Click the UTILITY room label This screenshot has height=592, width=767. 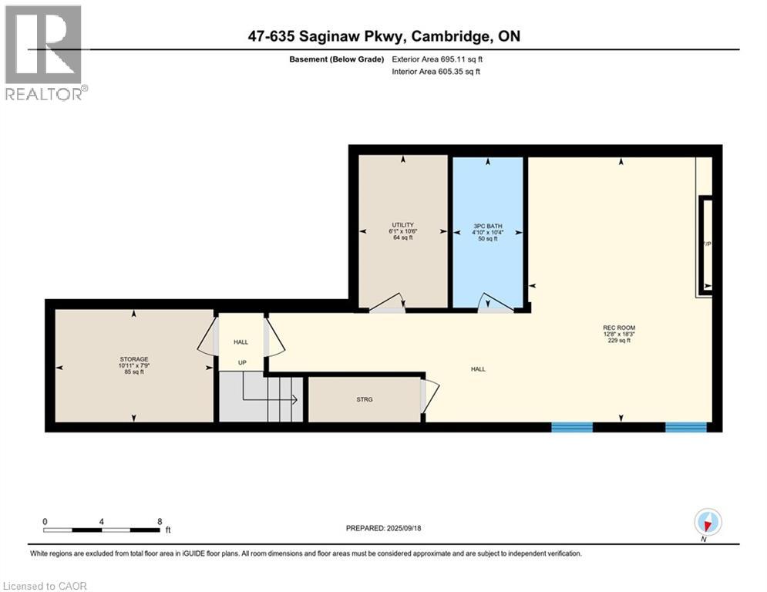[402, 225]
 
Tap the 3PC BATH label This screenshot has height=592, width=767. [487, 225]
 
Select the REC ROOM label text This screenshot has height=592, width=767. [619, 328]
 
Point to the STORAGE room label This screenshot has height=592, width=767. [133, 358]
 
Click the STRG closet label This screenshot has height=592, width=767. [364, 399]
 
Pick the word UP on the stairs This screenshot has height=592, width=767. [242, 362]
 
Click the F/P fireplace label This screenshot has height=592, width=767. [705, 244]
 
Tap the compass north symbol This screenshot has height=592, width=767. [707, 523]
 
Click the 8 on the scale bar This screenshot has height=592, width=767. [160, 521]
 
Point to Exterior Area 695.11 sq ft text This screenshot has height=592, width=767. [439, 59]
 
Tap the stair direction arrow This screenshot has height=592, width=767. [293, 399]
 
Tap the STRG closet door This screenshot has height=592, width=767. [429, 395]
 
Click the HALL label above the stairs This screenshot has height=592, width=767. [241, 341]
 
